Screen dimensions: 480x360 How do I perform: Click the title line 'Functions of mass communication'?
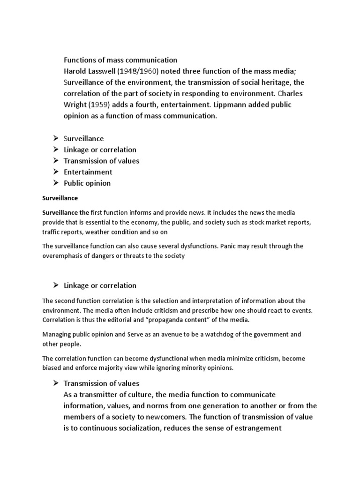[120, 60]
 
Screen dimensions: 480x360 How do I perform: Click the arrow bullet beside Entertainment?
[55, 172]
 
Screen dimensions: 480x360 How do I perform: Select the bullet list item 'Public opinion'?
[87, 183]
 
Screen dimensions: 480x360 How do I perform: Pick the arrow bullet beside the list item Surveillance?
[55, 139]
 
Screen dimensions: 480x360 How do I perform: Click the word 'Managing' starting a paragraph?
[56, 334]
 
